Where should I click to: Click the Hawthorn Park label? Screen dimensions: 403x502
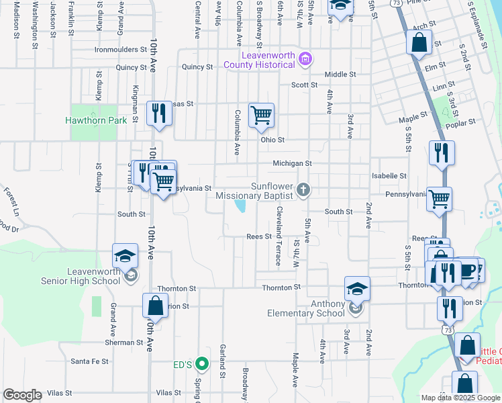pos(96,121)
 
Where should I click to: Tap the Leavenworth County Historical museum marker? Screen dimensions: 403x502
pos(306,60)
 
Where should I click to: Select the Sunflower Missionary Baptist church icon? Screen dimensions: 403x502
pos(303,190)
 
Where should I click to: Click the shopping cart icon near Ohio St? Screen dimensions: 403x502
pos(261,115)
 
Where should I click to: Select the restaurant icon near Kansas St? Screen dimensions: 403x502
pos(159,112)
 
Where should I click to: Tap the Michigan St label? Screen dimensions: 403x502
pos(292,163)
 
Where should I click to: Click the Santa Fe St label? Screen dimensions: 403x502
pos(89,361)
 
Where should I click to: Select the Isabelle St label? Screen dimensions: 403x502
pos(389,176)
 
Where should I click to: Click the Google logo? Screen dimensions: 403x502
pos(22,395)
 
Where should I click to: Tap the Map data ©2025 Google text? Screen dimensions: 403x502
pos(460,398)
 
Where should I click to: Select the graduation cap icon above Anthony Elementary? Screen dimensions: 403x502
pos(357,288)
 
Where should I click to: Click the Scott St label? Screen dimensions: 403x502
pos(304,85)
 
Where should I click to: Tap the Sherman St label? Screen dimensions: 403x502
pos(124,343)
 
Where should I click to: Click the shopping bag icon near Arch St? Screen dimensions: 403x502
pos(419,42)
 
